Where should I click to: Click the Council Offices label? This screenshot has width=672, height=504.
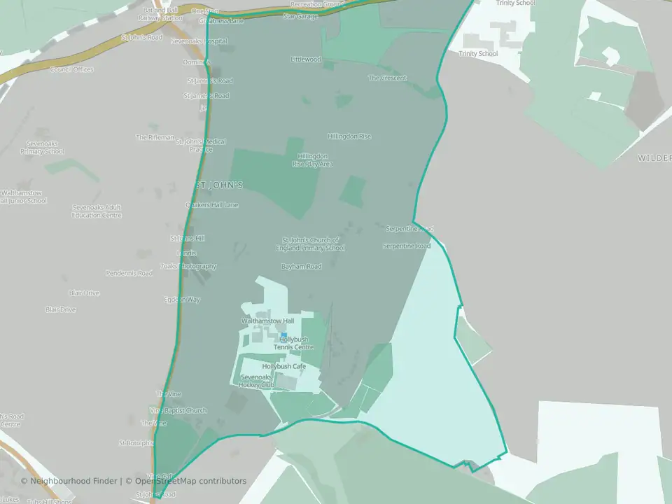pos(71,69)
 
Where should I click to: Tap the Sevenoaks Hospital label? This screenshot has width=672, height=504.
pos(202,41)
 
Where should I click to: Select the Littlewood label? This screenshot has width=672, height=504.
pos(306,59)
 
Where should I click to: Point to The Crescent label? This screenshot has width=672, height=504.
pos(387,78)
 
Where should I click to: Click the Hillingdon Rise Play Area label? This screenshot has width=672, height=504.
pos(312,160)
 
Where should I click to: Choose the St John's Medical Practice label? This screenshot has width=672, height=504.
pos(201,145)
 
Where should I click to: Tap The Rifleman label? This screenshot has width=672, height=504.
pos(155,137)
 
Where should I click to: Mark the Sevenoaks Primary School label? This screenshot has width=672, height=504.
pos(43,147)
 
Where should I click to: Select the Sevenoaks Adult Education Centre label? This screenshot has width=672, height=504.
pos(97,211)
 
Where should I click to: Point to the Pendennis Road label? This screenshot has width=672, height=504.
pos(129,273)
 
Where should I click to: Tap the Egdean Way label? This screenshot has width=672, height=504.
pos(182,300)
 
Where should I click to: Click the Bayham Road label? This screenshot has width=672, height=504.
pos(301,267)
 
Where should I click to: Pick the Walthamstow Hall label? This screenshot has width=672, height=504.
pos(268,321)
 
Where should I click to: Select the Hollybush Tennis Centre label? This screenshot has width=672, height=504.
pos(293,343)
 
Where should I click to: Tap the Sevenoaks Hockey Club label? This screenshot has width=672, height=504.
pos(255,381)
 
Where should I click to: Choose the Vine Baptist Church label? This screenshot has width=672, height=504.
pos(178,410)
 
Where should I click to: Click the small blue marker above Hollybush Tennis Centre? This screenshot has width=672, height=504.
pos(283,334)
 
